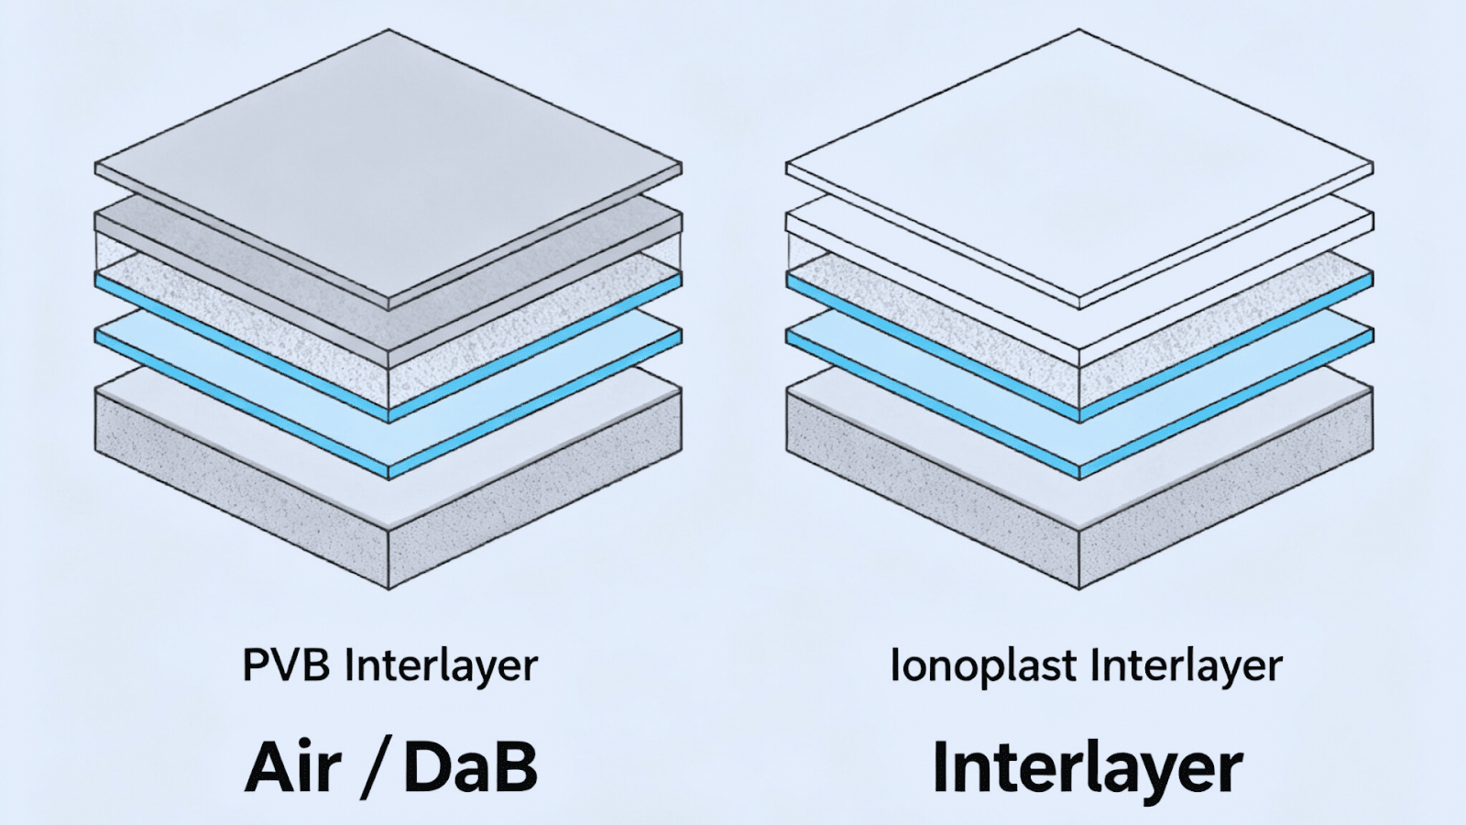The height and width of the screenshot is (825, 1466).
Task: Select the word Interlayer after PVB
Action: [440, 665]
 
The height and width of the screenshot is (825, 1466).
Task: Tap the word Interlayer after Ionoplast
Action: [1182, 665]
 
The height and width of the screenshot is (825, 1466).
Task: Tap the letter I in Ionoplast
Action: [894, 665]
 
